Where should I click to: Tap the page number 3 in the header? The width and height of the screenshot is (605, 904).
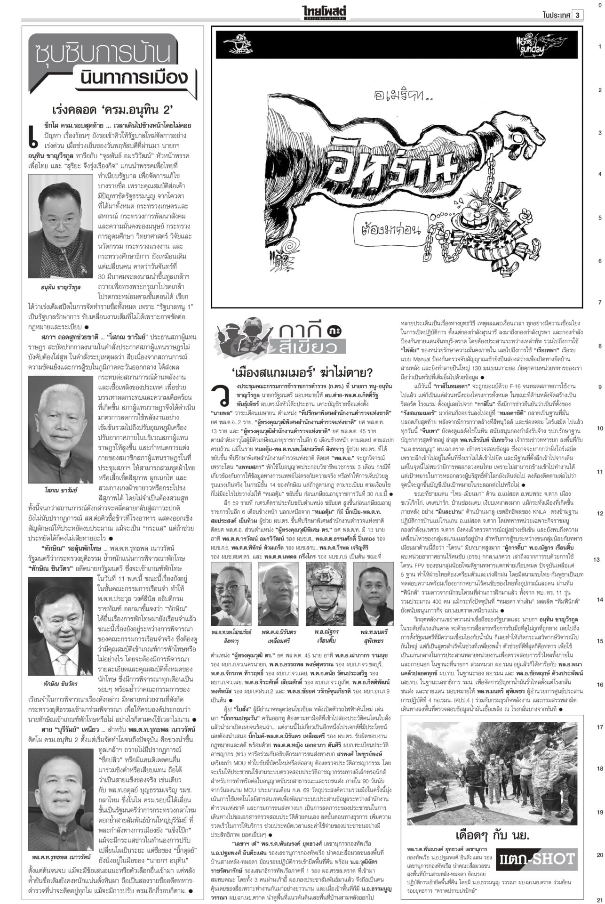tap(577, 15)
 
